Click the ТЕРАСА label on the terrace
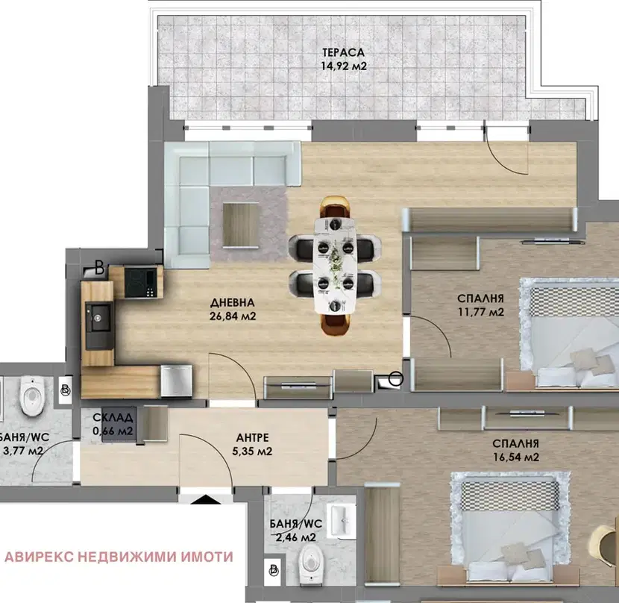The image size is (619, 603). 343,52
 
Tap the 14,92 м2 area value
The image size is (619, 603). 344,66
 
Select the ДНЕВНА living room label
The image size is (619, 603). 232,303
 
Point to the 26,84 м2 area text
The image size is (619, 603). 233,316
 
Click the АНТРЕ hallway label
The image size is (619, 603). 252,438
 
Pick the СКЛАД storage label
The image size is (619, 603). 113,417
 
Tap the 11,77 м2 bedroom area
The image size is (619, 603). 481,312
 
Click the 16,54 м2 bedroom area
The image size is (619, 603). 515,457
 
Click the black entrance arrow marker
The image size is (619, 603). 205,499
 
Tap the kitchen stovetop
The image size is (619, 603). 141,282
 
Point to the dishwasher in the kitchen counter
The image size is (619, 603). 177,381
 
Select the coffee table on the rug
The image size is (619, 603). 241,225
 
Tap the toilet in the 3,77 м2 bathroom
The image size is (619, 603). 32,396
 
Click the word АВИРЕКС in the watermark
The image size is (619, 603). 39,557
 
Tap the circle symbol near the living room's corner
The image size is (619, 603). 396,378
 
